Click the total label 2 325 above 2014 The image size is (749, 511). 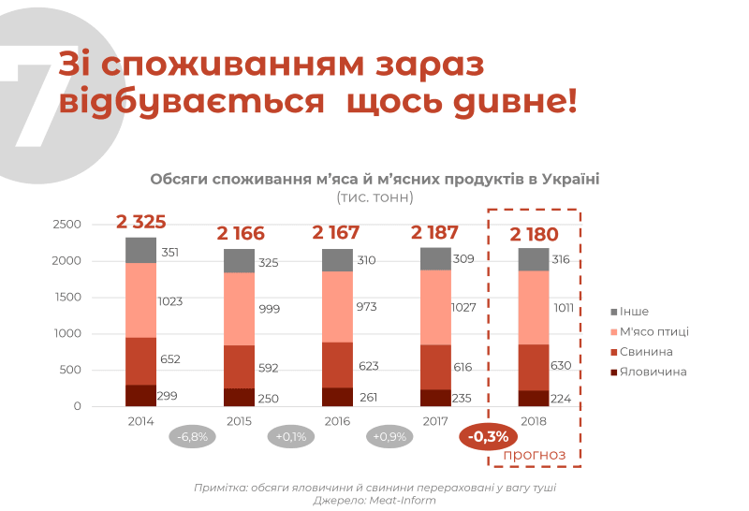pos(141,223)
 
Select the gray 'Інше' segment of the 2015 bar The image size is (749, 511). pos(240,261)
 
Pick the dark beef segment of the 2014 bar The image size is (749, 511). pos(140,396)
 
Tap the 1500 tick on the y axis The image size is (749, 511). pos(68,297)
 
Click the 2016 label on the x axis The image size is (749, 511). pos(338,421)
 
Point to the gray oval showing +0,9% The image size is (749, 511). pos(389,436)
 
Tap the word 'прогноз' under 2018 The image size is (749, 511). pos(535,455)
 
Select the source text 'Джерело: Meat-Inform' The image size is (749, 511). pos(374,501)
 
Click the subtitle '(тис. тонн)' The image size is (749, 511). pos(374,197)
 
